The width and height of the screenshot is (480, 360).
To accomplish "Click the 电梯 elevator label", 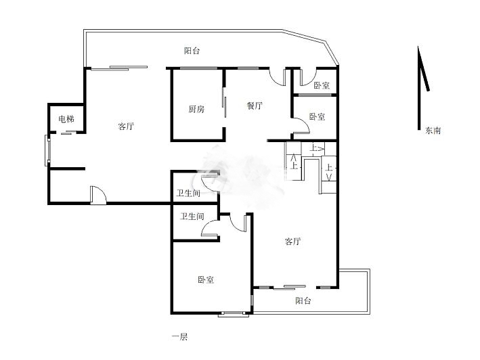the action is pos(66,118).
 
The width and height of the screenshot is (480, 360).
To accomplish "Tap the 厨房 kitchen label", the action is pos(196,109).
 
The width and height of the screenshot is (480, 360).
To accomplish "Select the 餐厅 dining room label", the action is pos(255,106).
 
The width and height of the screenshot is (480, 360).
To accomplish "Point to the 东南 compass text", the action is pos(433,131).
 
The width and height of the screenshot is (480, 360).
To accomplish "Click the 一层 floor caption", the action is pos(179,337).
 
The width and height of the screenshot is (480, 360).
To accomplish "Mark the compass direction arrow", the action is pos(422,88).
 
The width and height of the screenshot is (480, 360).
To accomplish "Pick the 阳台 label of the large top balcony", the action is pos(192,51).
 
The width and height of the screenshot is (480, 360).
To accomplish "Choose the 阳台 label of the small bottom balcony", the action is pos(303,300).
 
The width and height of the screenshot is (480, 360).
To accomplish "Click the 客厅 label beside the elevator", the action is pos(126,126).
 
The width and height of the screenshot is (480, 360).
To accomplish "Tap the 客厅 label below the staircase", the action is pos(293,242).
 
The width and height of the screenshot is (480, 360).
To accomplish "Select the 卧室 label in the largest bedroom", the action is pos(206,279).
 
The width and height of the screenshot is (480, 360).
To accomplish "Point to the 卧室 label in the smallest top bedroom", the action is pos(322,85).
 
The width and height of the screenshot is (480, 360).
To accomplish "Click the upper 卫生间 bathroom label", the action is pos(189,193).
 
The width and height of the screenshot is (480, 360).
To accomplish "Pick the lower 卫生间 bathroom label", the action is pos(192,217).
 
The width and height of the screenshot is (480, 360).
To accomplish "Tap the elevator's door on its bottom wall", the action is pos(68,133).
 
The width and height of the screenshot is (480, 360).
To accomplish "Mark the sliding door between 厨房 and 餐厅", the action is pos(224,102).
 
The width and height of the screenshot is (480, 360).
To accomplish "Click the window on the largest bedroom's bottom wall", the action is pos(234,314).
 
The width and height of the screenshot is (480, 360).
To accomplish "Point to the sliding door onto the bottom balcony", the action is pos(289,287).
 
